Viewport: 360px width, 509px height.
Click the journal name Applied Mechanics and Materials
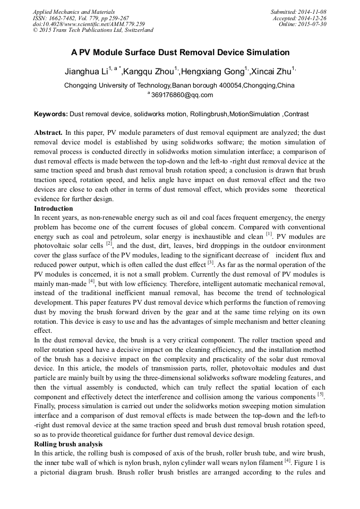tap(74, 11)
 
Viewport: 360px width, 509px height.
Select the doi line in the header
tap(88, 24)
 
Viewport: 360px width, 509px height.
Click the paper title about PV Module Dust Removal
tap(180, 53)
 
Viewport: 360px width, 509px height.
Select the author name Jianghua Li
tap(85, 71)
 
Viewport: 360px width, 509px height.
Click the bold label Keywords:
tap(51, 114)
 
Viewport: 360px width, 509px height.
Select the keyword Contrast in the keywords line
tap(296, 114)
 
